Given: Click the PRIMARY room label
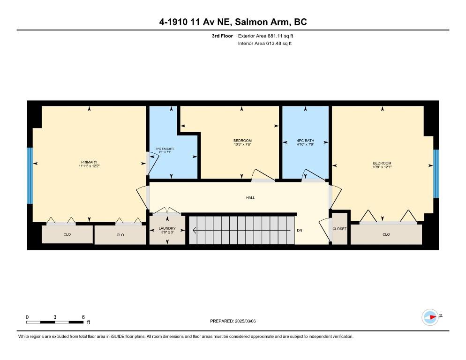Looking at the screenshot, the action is click(x=89, y=162).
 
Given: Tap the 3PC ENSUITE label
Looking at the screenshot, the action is click(x=165, y=149).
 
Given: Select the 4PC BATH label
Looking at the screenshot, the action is click(x=306, y=141).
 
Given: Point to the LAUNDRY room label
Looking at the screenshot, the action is click(x=167, y=228).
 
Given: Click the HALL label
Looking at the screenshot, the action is click(x=250, y=197).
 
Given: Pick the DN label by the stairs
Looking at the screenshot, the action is click(x=300, y=230).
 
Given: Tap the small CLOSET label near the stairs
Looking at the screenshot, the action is click(x=339, y=229).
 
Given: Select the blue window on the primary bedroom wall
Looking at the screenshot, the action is click(x=30, y=176).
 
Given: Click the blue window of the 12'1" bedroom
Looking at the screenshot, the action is click(x=436, y=173).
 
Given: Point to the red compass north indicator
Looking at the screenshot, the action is click(x=432, y=317).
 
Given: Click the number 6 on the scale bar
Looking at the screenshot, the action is click(x=83, y=317).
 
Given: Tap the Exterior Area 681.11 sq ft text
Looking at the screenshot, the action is click(x=265, y=36).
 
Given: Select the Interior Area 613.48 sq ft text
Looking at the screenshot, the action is click(x=265, y=44).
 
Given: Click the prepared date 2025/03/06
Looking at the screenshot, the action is click(x=245, y=321).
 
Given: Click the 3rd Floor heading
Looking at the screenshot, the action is click(x=222, y=36).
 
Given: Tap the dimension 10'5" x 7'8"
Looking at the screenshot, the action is click(x=242, y=144).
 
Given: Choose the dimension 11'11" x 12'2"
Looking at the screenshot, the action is click(x=89, y=166).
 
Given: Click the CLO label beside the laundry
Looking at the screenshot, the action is click(x=120, y=235).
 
